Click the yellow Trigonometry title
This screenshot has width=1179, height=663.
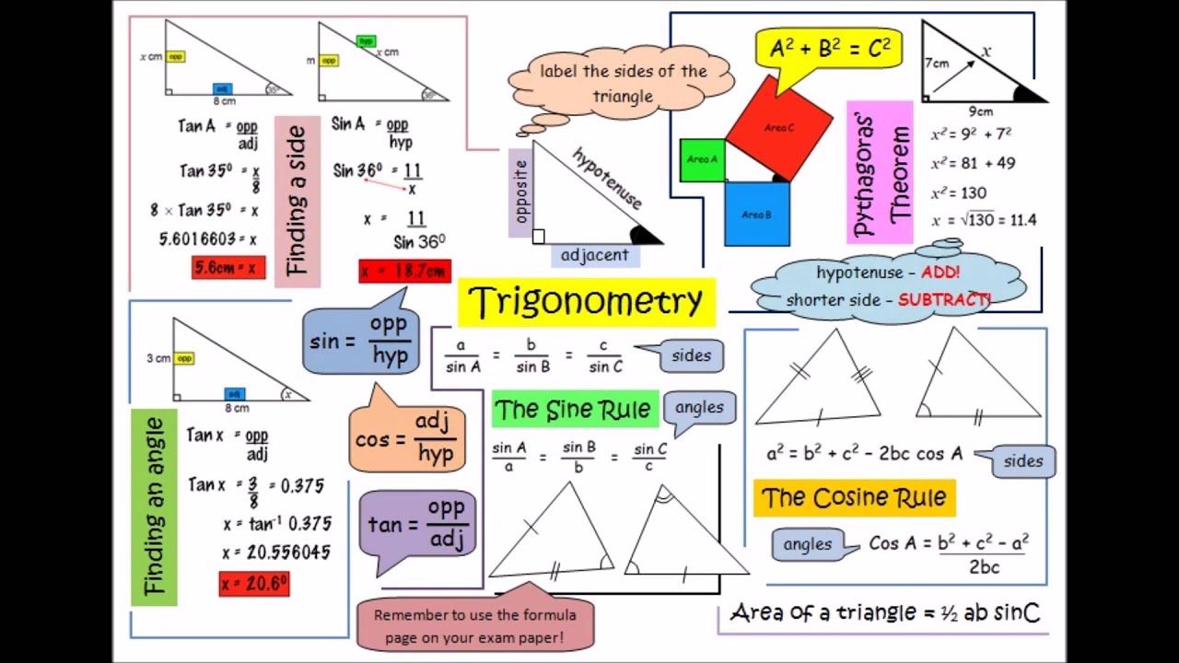click(x=586, y=302)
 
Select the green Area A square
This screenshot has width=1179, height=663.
click(x=702, y=160)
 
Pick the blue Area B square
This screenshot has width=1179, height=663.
click(x=756, y=214)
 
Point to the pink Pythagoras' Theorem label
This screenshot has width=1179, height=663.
click(x=880, y=172)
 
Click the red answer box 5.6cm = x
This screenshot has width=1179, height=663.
click(x=228, y=268)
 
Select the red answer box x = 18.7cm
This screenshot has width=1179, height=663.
click(x=404, y=272)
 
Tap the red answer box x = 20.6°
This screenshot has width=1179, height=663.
click(x=254, y=583)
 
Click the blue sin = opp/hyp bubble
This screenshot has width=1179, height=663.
click(x=361, y=341)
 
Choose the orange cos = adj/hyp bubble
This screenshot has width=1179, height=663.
click(x=406, y=438)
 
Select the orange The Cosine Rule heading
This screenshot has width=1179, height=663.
click(x=854, y=498)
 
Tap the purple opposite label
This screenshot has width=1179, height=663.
click(x=520, y=192)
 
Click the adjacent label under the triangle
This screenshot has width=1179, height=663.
click(x=595, y=255)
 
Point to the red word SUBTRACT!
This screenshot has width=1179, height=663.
click(x=943, y=300)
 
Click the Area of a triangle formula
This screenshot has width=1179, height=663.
click(x=884, y=612)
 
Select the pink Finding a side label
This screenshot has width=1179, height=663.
click(x=298, y=201)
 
